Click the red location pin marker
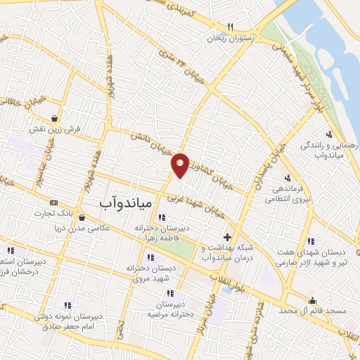coord(181,165)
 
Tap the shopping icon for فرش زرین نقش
coord(54,117)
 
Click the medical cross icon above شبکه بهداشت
coord(226,236)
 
